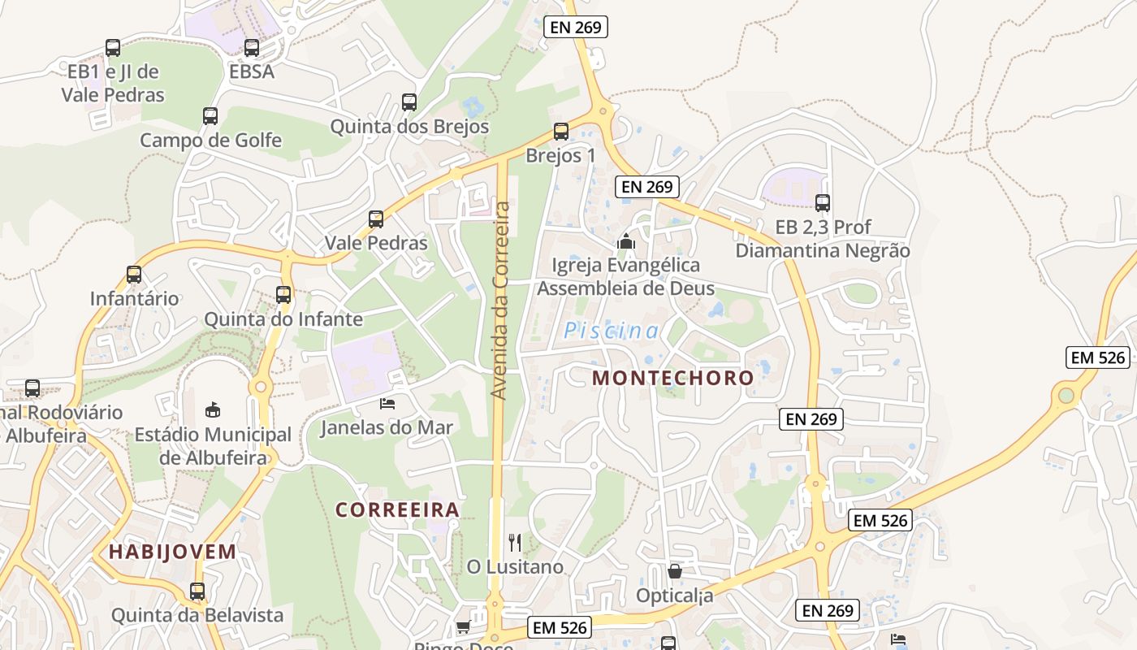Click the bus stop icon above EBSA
tap(252, 48)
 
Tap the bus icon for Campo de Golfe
tap(210, 116)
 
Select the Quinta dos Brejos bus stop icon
tap(409, 102)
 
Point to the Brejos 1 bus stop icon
tap(560, 132)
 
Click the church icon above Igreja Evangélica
tap(625, 241)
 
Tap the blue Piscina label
tap(612, 331)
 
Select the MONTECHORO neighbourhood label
tap(672, 378)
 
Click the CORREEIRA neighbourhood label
tap(398, 510)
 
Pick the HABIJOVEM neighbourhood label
tap(173, 552)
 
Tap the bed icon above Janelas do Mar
tap(387, 404)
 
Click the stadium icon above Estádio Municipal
tap(213, 409)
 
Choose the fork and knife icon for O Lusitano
tap(514, 542)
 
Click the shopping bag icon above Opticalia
tap(674, 572)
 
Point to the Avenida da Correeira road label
tap(500, 301)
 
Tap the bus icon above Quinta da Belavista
tap(197, 591)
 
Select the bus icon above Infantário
tap(134, 275)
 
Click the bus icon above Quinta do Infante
tap(283, 295)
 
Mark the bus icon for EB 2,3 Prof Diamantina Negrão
tap(823, 203)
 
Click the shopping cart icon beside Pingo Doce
tap(463, 626)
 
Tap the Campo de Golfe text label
tap(210, 141)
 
